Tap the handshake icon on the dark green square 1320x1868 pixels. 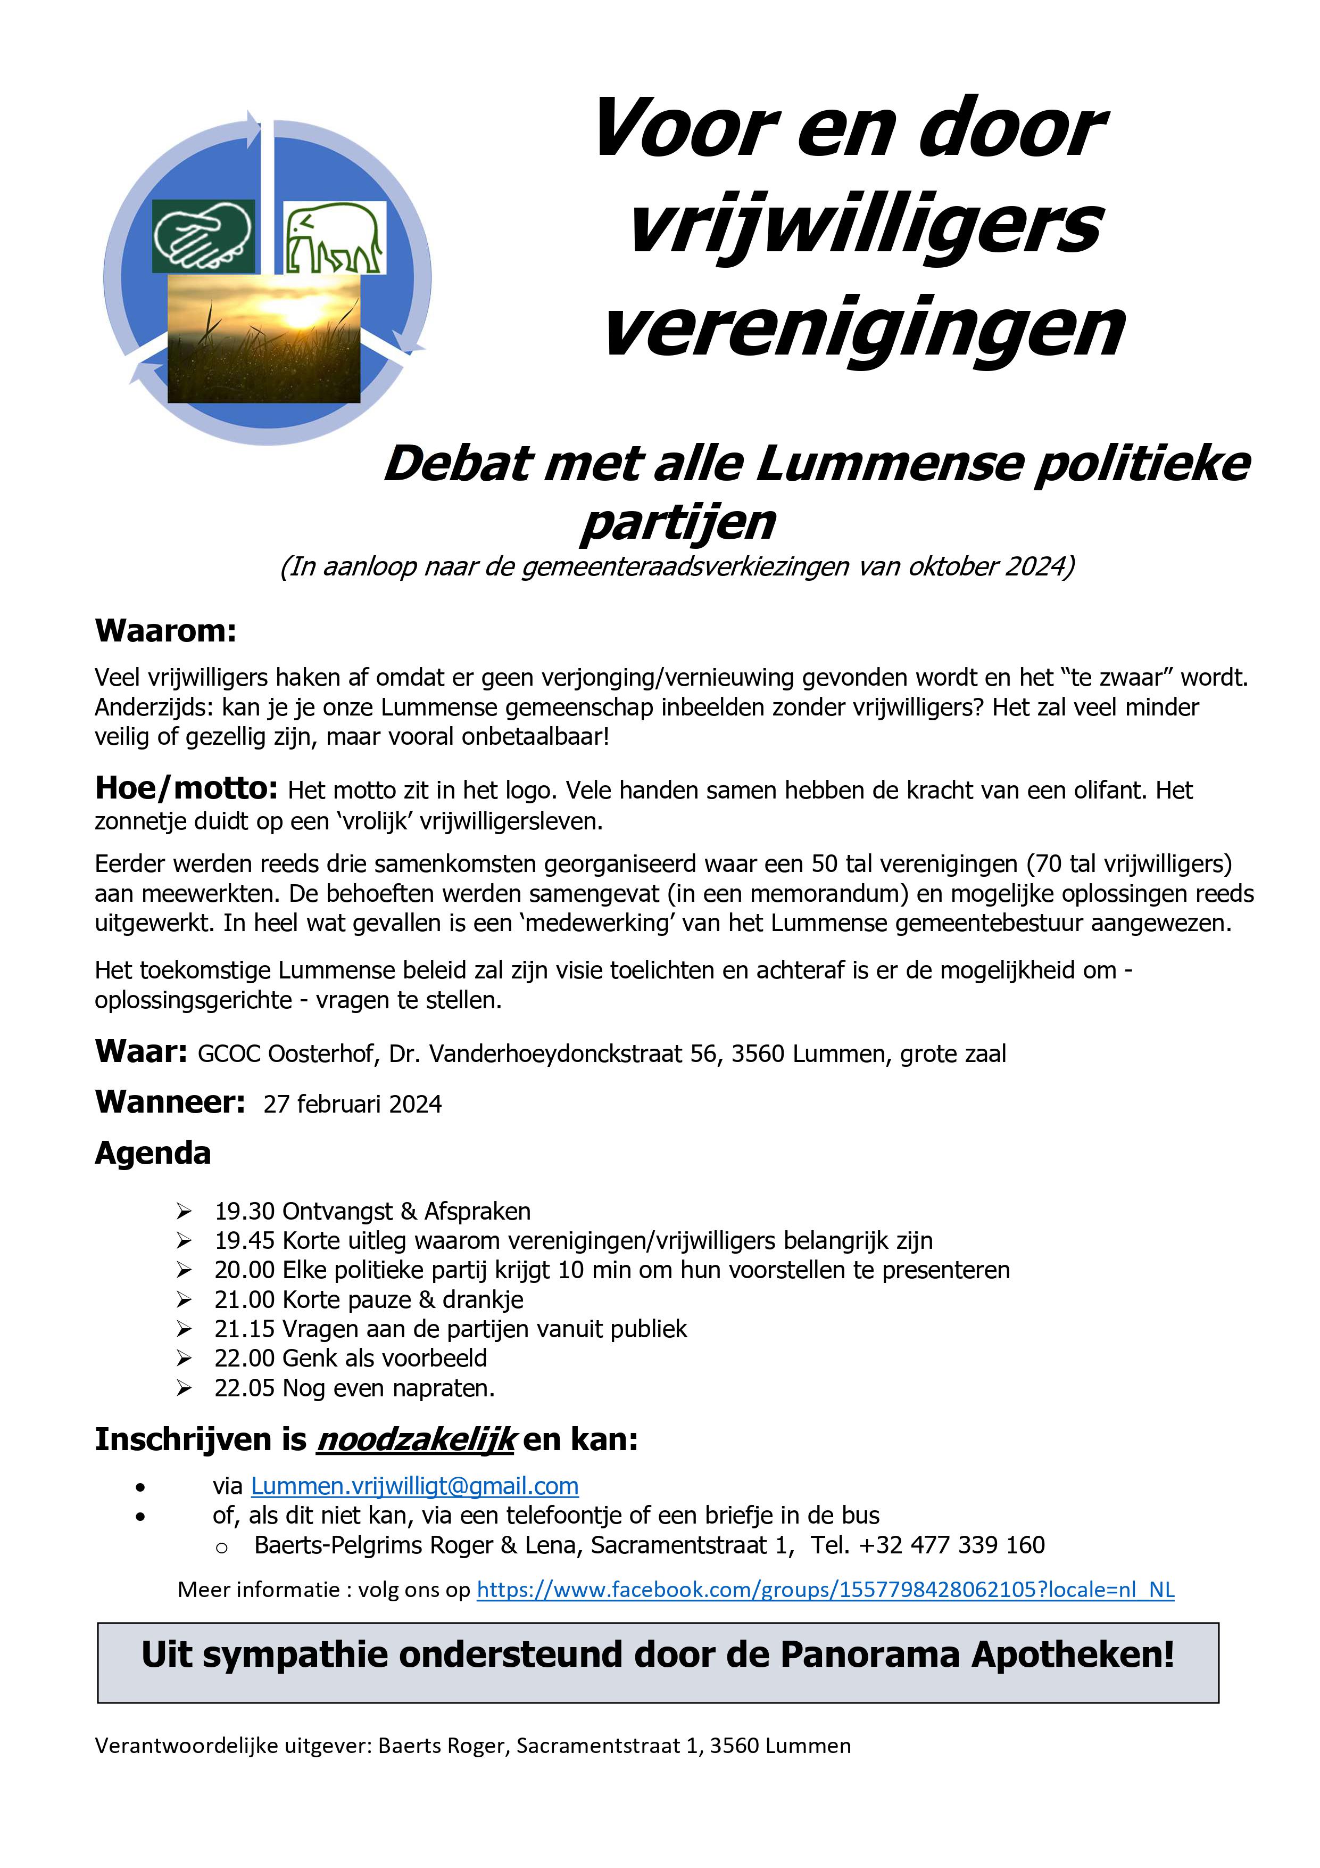(203, 236)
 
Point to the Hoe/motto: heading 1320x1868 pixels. (186, 787)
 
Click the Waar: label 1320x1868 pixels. (142, 1051)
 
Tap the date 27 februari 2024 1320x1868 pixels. (352, 1104)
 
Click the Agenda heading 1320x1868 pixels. (153, 1153)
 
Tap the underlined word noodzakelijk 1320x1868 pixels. (416, 1439)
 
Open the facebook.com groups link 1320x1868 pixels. (825, 1589)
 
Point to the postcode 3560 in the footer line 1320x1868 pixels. (734, 1745)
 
